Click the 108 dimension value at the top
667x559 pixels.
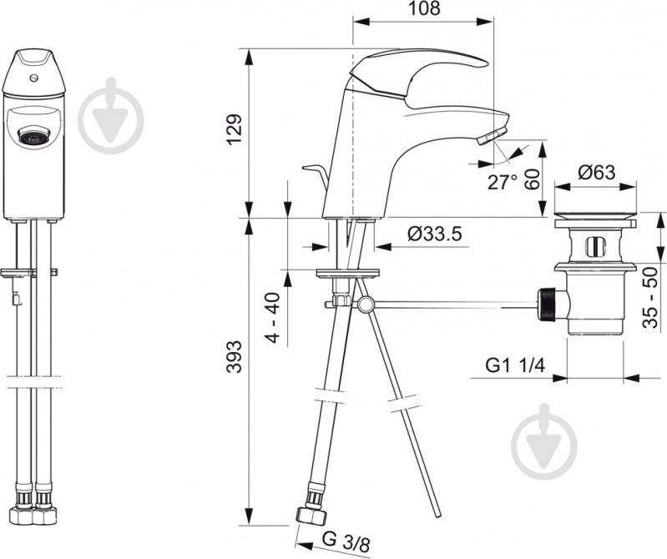point(424,8)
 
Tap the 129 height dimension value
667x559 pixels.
point(234,129)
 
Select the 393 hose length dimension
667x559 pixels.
point(234,356)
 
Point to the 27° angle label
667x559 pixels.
point(503,182)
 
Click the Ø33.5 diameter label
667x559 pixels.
point(434,234)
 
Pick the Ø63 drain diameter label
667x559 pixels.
point(596,172)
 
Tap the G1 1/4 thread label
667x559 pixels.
point(515,365)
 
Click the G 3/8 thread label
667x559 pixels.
point(346,541)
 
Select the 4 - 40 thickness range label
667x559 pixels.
point(273,317)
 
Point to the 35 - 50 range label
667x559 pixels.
point(650,298)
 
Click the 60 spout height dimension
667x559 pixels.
point(532,179)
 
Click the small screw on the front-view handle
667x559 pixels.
point(34,78)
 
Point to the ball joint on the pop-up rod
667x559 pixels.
point(366,305)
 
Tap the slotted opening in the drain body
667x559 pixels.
point(594,247)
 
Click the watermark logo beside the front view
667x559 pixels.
point(112,115)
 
